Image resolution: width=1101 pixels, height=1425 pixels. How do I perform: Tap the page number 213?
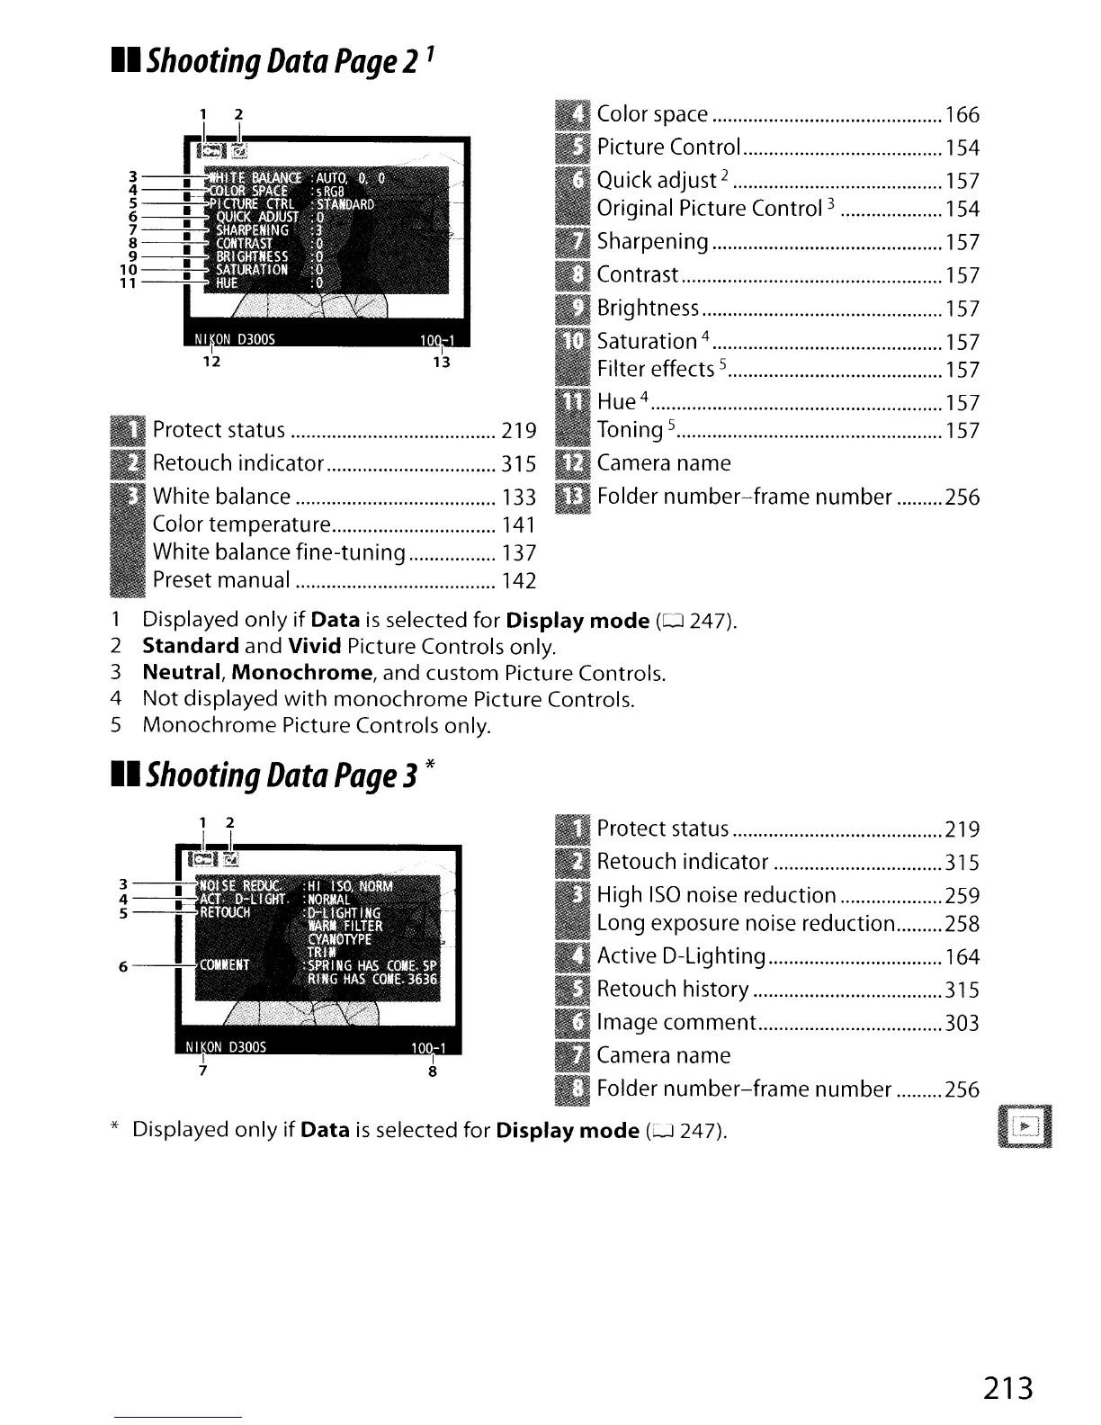click(1007, 1388)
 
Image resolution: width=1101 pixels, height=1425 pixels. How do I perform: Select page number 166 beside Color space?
click(962, 115)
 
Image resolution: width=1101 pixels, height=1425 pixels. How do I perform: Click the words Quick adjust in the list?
click(656, 181)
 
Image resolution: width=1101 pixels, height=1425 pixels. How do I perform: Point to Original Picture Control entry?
click(710, 209)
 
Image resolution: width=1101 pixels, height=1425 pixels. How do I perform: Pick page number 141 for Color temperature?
click(519, 525)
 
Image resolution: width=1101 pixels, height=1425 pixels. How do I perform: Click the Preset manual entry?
click(221, 580)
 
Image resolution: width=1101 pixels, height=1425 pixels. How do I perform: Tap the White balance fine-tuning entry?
click(279, 552)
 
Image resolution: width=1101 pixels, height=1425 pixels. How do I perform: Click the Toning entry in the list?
click(630, 431)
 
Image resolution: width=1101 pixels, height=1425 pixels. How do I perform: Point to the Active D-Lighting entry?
click(681, 956)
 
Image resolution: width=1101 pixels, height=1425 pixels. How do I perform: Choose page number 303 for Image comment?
click(962, 1024)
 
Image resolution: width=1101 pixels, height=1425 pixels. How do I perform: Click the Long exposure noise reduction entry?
click(746, 924)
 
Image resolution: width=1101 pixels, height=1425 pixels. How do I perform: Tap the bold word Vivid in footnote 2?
click(315, 646)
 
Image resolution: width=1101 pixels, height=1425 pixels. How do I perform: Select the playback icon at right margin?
click(1025, 1126)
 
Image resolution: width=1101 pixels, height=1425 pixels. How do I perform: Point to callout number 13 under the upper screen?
click(441, 363)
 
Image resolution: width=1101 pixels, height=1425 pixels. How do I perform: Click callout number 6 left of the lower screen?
click(123, 967)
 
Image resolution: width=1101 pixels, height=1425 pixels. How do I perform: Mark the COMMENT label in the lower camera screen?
click(224, 965)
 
